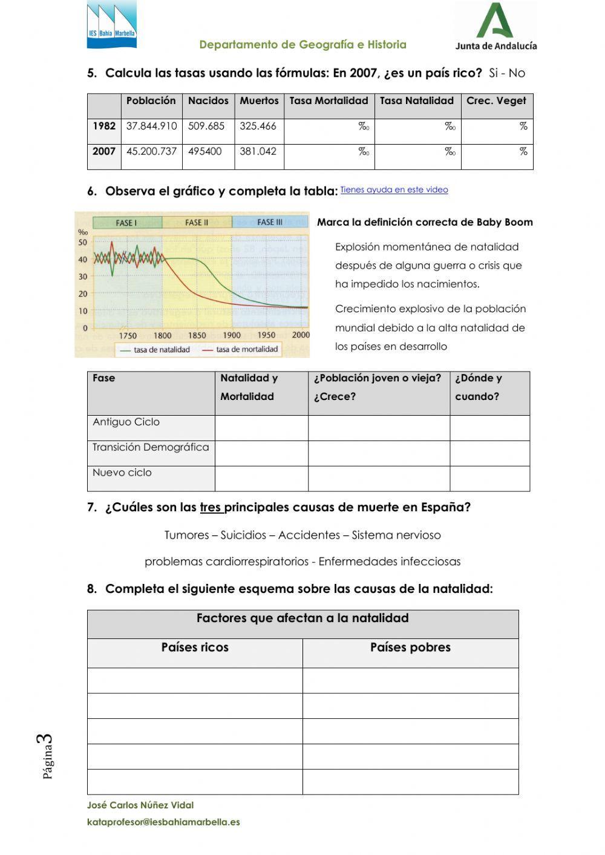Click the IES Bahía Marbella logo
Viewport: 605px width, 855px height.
tap(112, 25)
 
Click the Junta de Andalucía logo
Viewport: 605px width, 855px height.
tap(495, 26)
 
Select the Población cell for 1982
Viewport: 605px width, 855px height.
tap(151, 126)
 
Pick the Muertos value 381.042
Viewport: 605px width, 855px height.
tap(258, 152)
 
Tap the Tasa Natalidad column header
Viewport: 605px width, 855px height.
tap(417, 101)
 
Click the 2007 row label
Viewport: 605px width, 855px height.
tap(104, 152)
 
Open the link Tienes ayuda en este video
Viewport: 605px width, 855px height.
tap(394, 190)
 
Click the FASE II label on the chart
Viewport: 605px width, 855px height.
tap(197, 223)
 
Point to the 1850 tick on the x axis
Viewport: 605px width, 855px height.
tap(197, 335)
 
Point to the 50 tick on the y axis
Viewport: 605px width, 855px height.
tap(83, 243)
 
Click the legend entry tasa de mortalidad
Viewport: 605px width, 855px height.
tap(247, 350)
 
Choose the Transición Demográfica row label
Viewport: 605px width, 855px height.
tap(151, 448)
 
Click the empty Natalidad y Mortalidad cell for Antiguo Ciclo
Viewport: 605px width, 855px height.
tap(261, 428)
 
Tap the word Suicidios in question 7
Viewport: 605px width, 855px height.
tap(243, 536)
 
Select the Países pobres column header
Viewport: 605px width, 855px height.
tap(410, 647)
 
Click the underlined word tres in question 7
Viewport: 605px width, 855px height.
tap(211, 508)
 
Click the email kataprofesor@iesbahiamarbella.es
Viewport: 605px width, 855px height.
tap(163, 822)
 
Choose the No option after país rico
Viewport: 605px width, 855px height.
tap(517, 74)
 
